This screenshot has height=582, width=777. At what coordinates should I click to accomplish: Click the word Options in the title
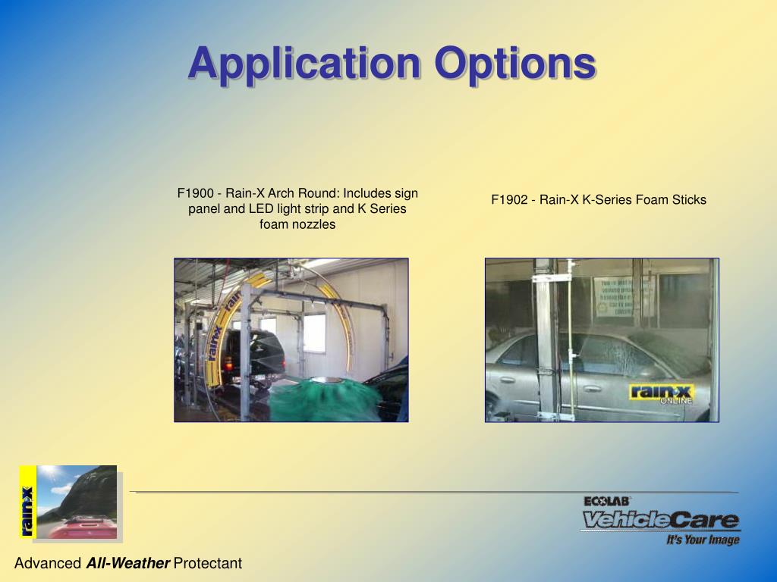(x=514, y=64)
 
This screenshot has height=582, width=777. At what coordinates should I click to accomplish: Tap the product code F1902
(x=509, y=200)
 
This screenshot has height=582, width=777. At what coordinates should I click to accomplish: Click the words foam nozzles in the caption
(x=297, y=224)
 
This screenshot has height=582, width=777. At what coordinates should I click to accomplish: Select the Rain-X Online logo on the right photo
(x=660, y=395)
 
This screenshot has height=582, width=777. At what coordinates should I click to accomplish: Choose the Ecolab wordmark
(x=607, y=501)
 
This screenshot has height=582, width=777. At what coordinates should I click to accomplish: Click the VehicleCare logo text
(x=660, y=520)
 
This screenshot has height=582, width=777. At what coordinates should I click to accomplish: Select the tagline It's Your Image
(x=703, y=540)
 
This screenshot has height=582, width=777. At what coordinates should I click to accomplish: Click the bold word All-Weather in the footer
(x=127, y=563)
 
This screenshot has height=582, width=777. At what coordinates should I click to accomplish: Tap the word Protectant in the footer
(x=208, y=563)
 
